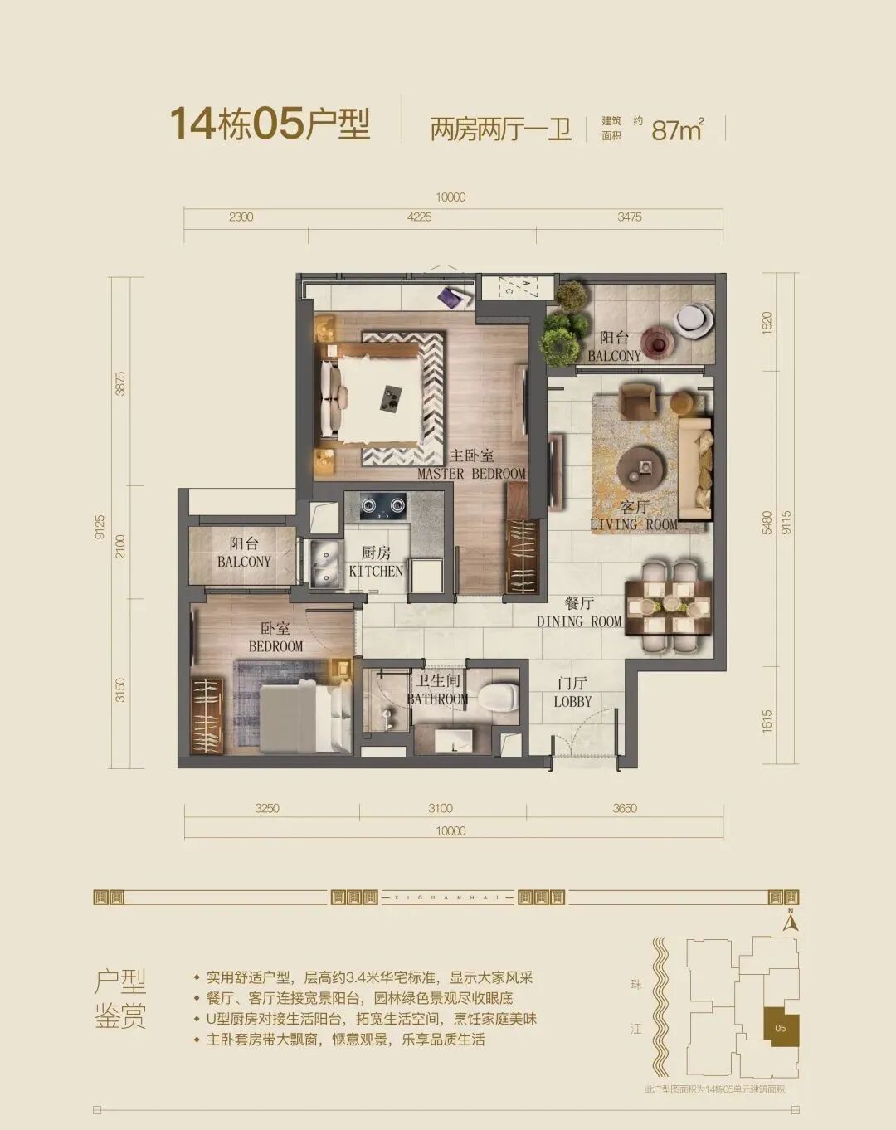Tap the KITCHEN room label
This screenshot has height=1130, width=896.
[376, 563]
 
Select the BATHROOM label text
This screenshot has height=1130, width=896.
[437, 690]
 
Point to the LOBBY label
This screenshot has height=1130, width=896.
[572, 693]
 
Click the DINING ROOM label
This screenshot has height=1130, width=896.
[579, 613]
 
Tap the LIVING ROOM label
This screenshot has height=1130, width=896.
[634, 516]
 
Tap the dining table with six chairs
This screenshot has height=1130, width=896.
[669, 604]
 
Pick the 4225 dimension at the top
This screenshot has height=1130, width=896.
[420, 217]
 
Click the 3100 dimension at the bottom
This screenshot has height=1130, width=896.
[441, 808]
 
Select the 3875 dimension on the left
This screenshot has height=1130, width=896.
[121, 382]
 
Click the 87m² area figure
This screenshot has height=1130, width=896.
[677, 129]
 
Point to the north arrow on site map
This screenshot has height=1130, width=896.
[791, 920]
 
